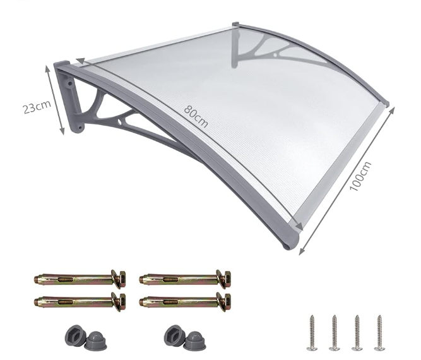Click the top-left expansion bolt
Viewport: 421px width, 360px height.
[80, 279]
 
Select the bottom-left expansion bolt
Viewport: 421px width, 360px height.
[80, 301]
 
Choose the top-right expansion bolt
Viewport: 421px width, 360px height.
[185, 279]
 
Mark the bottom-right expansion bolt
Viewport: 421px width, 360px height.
[185, 301]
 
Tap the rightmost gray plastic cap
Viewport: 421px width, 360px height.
[196, 341]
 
